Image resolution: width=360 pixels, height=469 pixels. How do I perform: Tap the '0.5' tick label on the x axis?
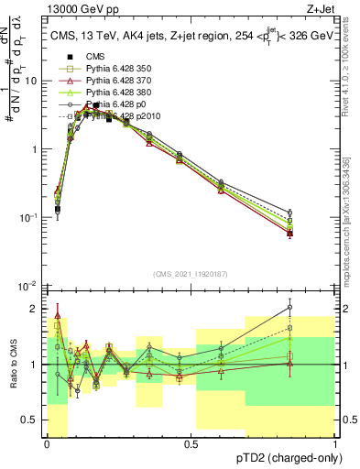click(x=191, y=445)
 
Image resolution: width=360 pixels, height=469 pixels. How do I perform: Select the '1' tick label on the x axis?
click(x=335, y=445)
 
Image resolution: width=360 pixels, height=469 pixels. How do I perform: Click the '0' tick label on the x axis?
click(x=48, y=445)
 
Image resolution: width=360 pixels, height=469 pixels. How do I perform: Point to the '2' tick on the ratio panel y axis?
click(x=35, y=309)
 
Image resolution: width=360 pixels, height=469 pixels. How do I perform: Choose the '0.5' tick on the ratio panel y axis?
click(x=30, y=420)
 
